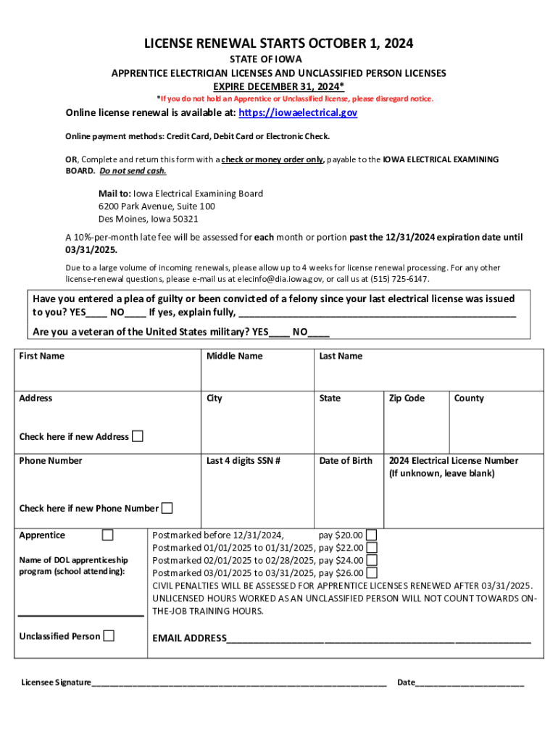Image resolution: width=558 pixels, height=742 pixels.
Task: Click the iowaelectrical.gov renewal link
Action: click(x=298, y=113)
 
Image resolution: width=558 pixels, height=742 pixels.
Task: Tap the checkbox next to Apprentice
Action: click(x=108, y=535)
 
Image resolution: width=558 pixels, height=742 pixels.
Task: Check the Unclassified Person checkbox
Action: click(x=109, y=636)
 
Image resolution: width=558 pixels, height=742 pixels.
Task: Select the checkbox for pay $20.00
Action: click(x=372, y=535)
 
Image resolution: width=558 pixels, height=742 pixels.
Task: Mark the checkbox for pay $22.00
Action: click(x=372, y=548)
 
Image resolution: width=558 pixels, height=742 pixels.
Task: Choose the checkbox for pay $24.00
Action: click(x=372, y=560)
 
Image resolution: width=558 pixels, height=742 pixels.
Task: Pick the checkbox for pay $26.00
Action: click(x=372, y=572)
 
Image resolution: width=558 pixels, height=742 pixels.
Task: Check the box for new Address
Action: click(x=137, y=436)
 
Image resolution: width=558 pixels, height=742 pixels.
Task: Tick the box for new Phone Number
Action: click(x=167, y=508)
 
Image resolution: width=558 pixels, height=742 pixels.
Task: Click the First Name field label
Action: click(x=41, y=356)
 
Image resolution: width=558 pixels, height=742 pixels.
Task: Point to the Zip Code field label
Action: click(x=407, y=398)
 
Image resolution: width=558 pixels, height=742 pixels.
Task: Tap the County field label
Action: click(x=469, y=398)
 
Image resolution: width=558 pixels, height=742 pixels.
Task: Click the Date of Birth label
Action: click(x=346, y=461)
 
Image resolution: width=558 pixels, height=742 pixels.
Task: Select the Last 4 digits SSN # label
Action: click(x=243, y=461)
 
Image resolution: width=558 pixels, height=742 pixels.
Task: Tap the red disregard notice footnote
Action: click(x=296, y=99)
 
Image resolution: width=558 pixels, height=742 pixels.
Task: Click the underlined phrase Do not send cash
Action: click(x=133, y=171)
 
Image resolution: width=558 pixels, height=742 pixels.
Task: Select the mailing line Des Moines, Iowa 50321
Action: click(x=149, y=219)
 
